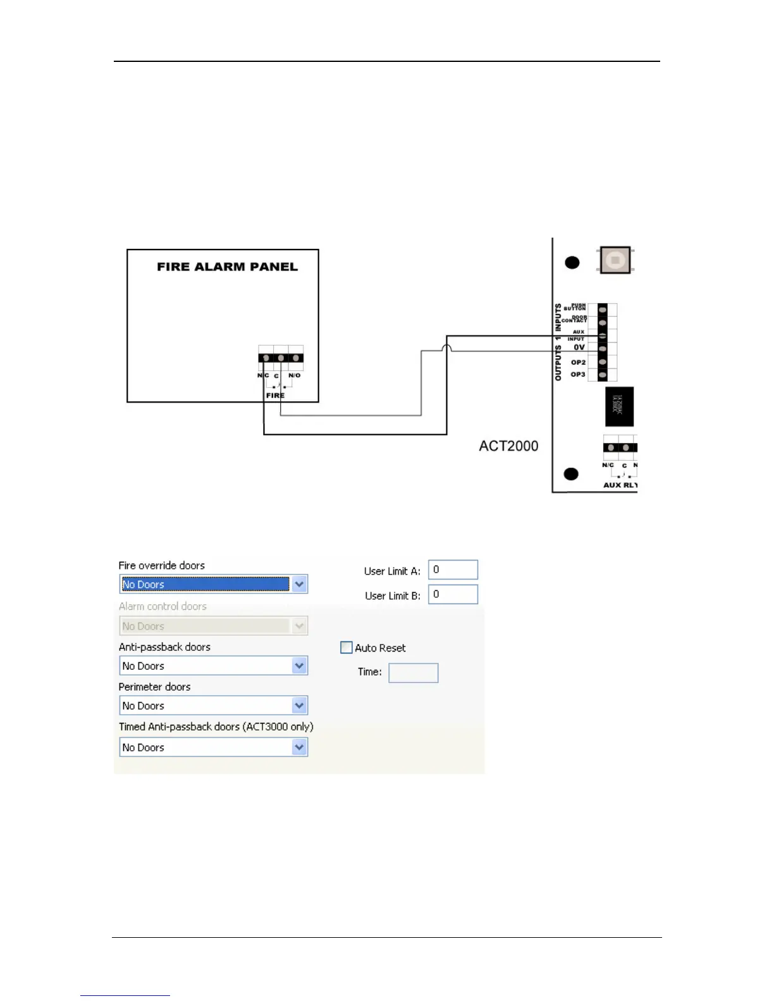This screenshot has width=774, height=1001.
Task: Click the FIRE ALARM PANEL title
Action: (x=227, y=267)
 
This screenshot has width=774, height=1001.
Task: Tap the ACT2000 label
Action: (x=508, y=446)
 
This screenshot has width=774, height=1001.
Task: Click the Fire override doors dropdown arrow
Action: (x=300, y=585)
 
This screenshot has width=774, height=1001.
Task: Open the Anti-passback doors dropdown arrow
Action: (x=300, y=666)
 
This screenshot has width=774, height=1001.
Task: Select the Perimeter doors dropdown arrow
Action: (x=300, y=706)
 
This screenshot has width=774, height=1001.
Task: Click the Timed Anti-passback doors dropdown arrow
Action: (x=300, y=748)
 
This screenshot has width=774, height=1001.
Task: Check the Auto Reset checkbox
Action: (x=347, y=648)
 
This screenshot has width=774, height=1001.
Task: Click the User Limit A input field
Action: (x=453, y=570)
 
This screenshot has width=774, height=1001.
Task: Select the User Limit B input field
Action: (x=453, y=595)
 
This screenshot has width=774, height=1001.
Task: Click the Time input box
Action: (x=413, y=673)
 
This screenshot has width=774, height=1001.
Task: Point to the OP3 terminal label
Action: (x=578, y=375)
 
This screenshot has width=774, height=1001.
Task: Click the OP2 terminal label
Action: (x=578, y=363)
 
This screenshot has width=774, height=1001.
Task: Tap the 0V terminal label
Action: (x=579, y=348)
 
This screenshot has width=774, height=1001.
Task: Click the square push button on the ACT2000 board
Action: (x=615, y=260)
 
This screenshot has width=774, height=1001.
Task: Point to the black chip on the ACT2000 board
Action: (x=619, y=407)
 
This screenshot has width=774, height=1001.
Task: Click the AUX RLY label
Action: (x=620, y=485)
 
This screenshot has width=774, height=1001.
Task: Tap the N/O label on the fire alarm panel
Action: (x=295, y=375)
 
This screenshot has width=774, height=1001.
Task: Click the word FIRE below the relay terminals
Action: (x=275, y=396)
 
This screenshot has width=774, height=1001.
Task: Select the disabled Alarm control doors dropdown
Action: (x=213, y=626)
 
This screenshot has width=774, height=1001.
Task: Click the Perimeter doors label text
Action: (x=154, y=687)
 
